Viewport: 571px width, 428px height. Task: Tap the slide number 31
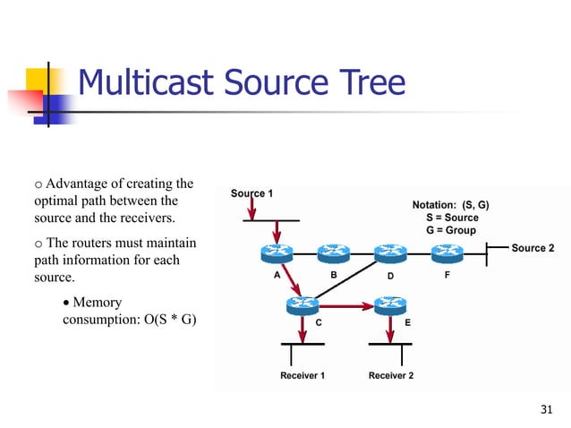click(x=543, y=410)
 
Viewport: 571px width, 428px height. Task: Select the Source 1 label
click(x=252, y=193)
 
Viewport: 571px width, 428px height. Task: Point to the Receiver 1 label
click(x=302, y=375)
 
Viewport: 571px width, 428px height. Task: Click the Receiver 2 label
click(x=390, y=375)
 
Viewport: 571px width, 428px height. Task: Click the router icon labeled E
click(x=390, y=305)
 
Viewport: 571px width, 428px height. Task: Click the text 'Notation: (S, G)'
click(x=450, y=204)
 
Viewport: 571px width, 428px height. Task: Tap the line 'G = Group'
click(x=451, y=230)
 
